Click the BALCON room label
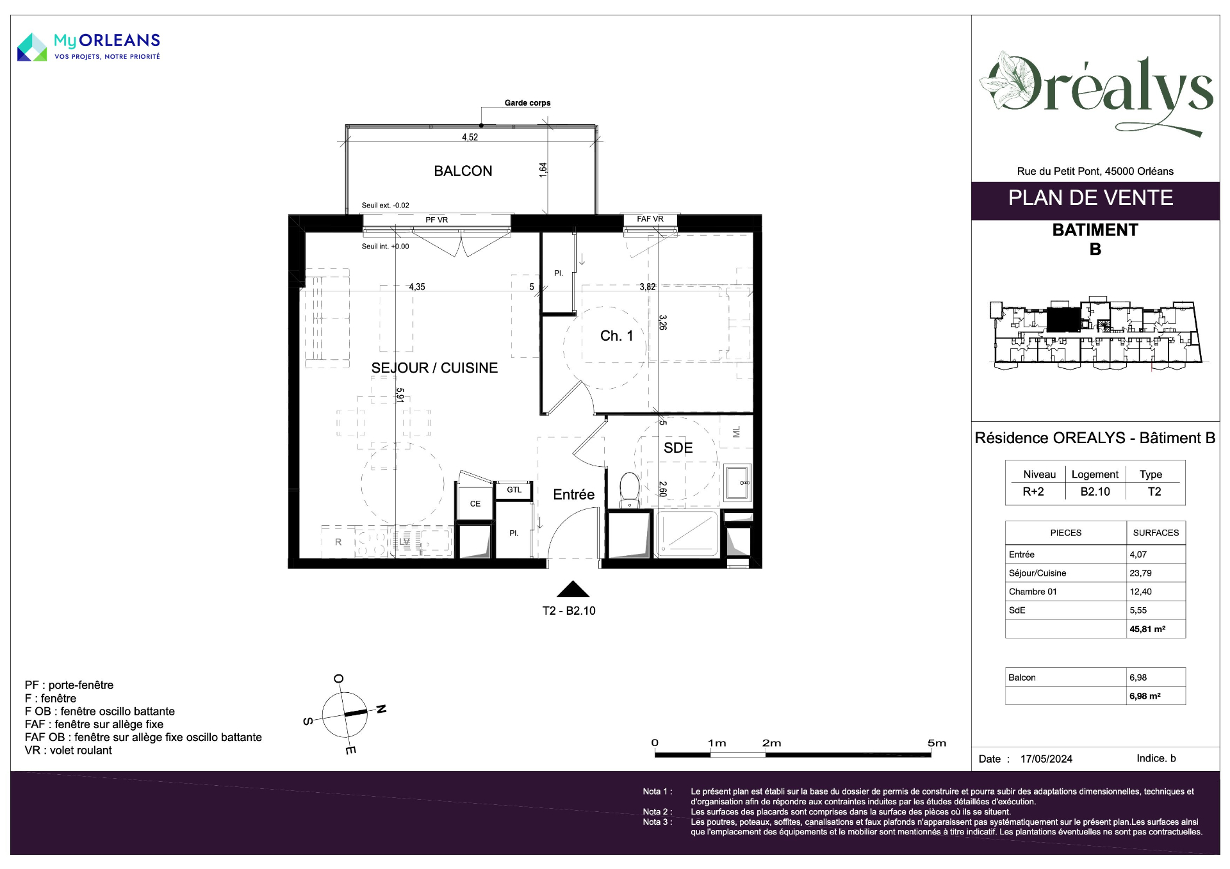pos(463,171)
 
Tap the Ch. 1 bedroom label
pos(616,336)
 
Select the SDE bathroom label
pos(678,448)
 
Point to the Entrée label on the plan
pos(573,494)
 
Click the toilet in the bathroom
pos(629,490)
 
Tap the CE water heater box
pos(475,503)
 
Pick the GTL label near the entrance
pos(514,490)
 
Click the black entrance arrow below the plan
pos(573,589)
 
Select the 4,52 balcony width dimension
pos(470,137)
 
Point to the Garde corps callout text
pos(527,102)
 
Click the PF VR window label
pos(437,220)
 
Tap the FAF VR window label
pos(650,219)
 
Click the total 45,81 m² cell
pos(1147,629)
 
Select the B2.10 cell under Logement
pos(1095,492)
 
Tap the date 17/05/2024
pos(1046,759)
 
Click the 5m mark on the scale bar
pos(937,743)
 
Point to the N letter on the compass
pos(381,709)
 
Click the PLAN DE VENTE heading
pos(1090,198)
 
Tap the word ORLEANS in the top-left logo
pos(119,40)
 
